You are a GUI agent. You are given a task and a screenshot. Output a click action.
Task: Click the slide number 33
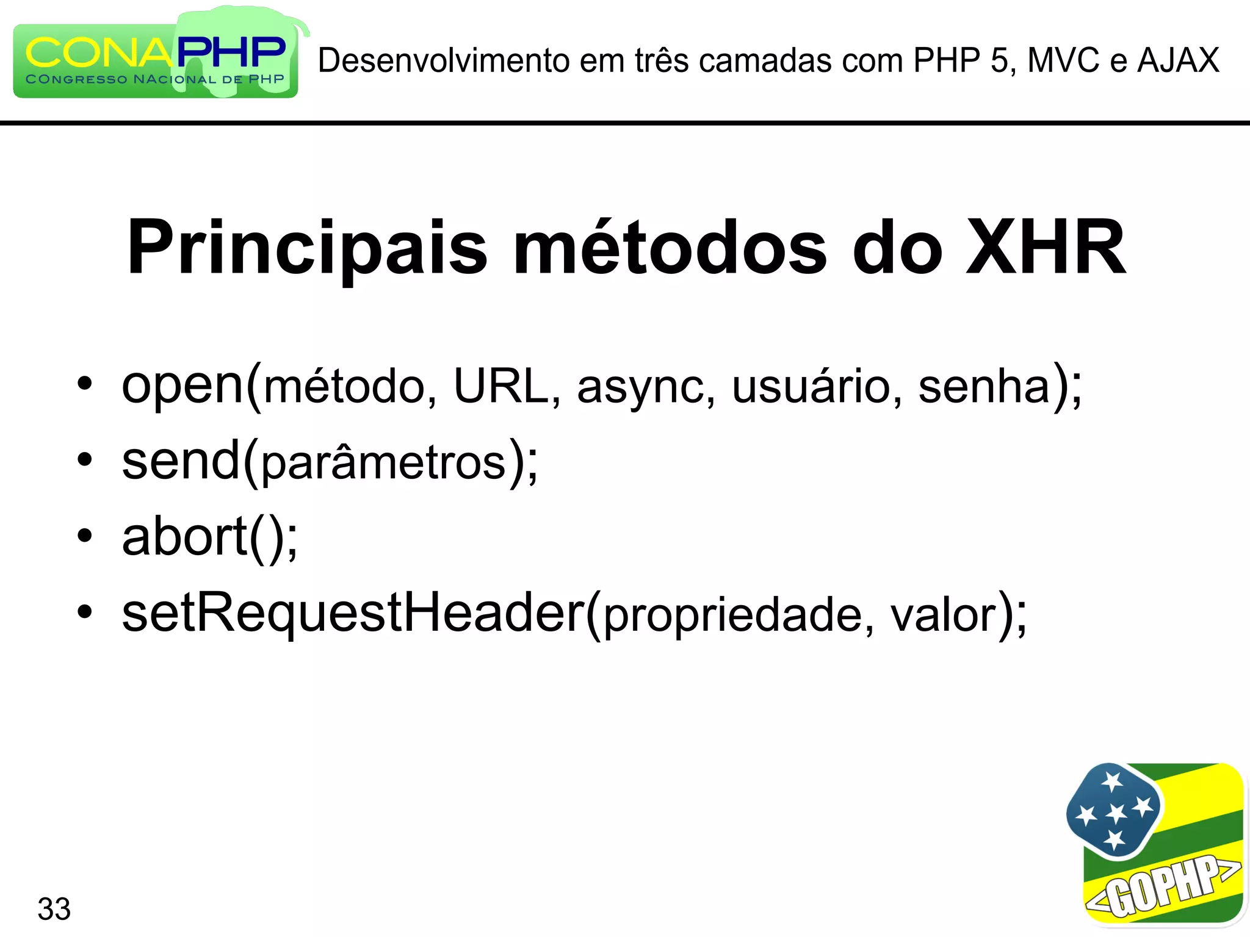pos(54,909)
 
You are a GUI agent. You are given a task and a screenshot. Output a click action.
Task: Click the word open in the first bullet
pos(182,386)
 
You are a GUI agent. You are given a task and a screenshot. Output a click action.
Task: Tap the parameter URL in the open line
pos(501,386)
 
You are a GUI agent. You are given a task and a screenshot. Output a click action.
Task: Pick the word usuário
pos(811,386)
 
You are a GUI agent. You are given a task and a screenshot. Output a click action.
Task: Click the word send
pos(181,462)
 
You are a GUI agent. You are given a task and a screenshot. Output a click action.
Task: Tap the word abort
pos(184,537)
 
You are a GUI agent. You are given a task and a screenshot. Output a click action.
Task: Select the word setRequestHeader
pos(353,612)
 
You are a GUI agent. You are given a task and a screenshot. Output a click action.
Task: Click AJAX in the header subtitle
pos(1179,60)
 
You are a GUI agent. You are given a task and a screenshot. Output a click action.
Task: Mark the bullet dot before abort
pos(85,536)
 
